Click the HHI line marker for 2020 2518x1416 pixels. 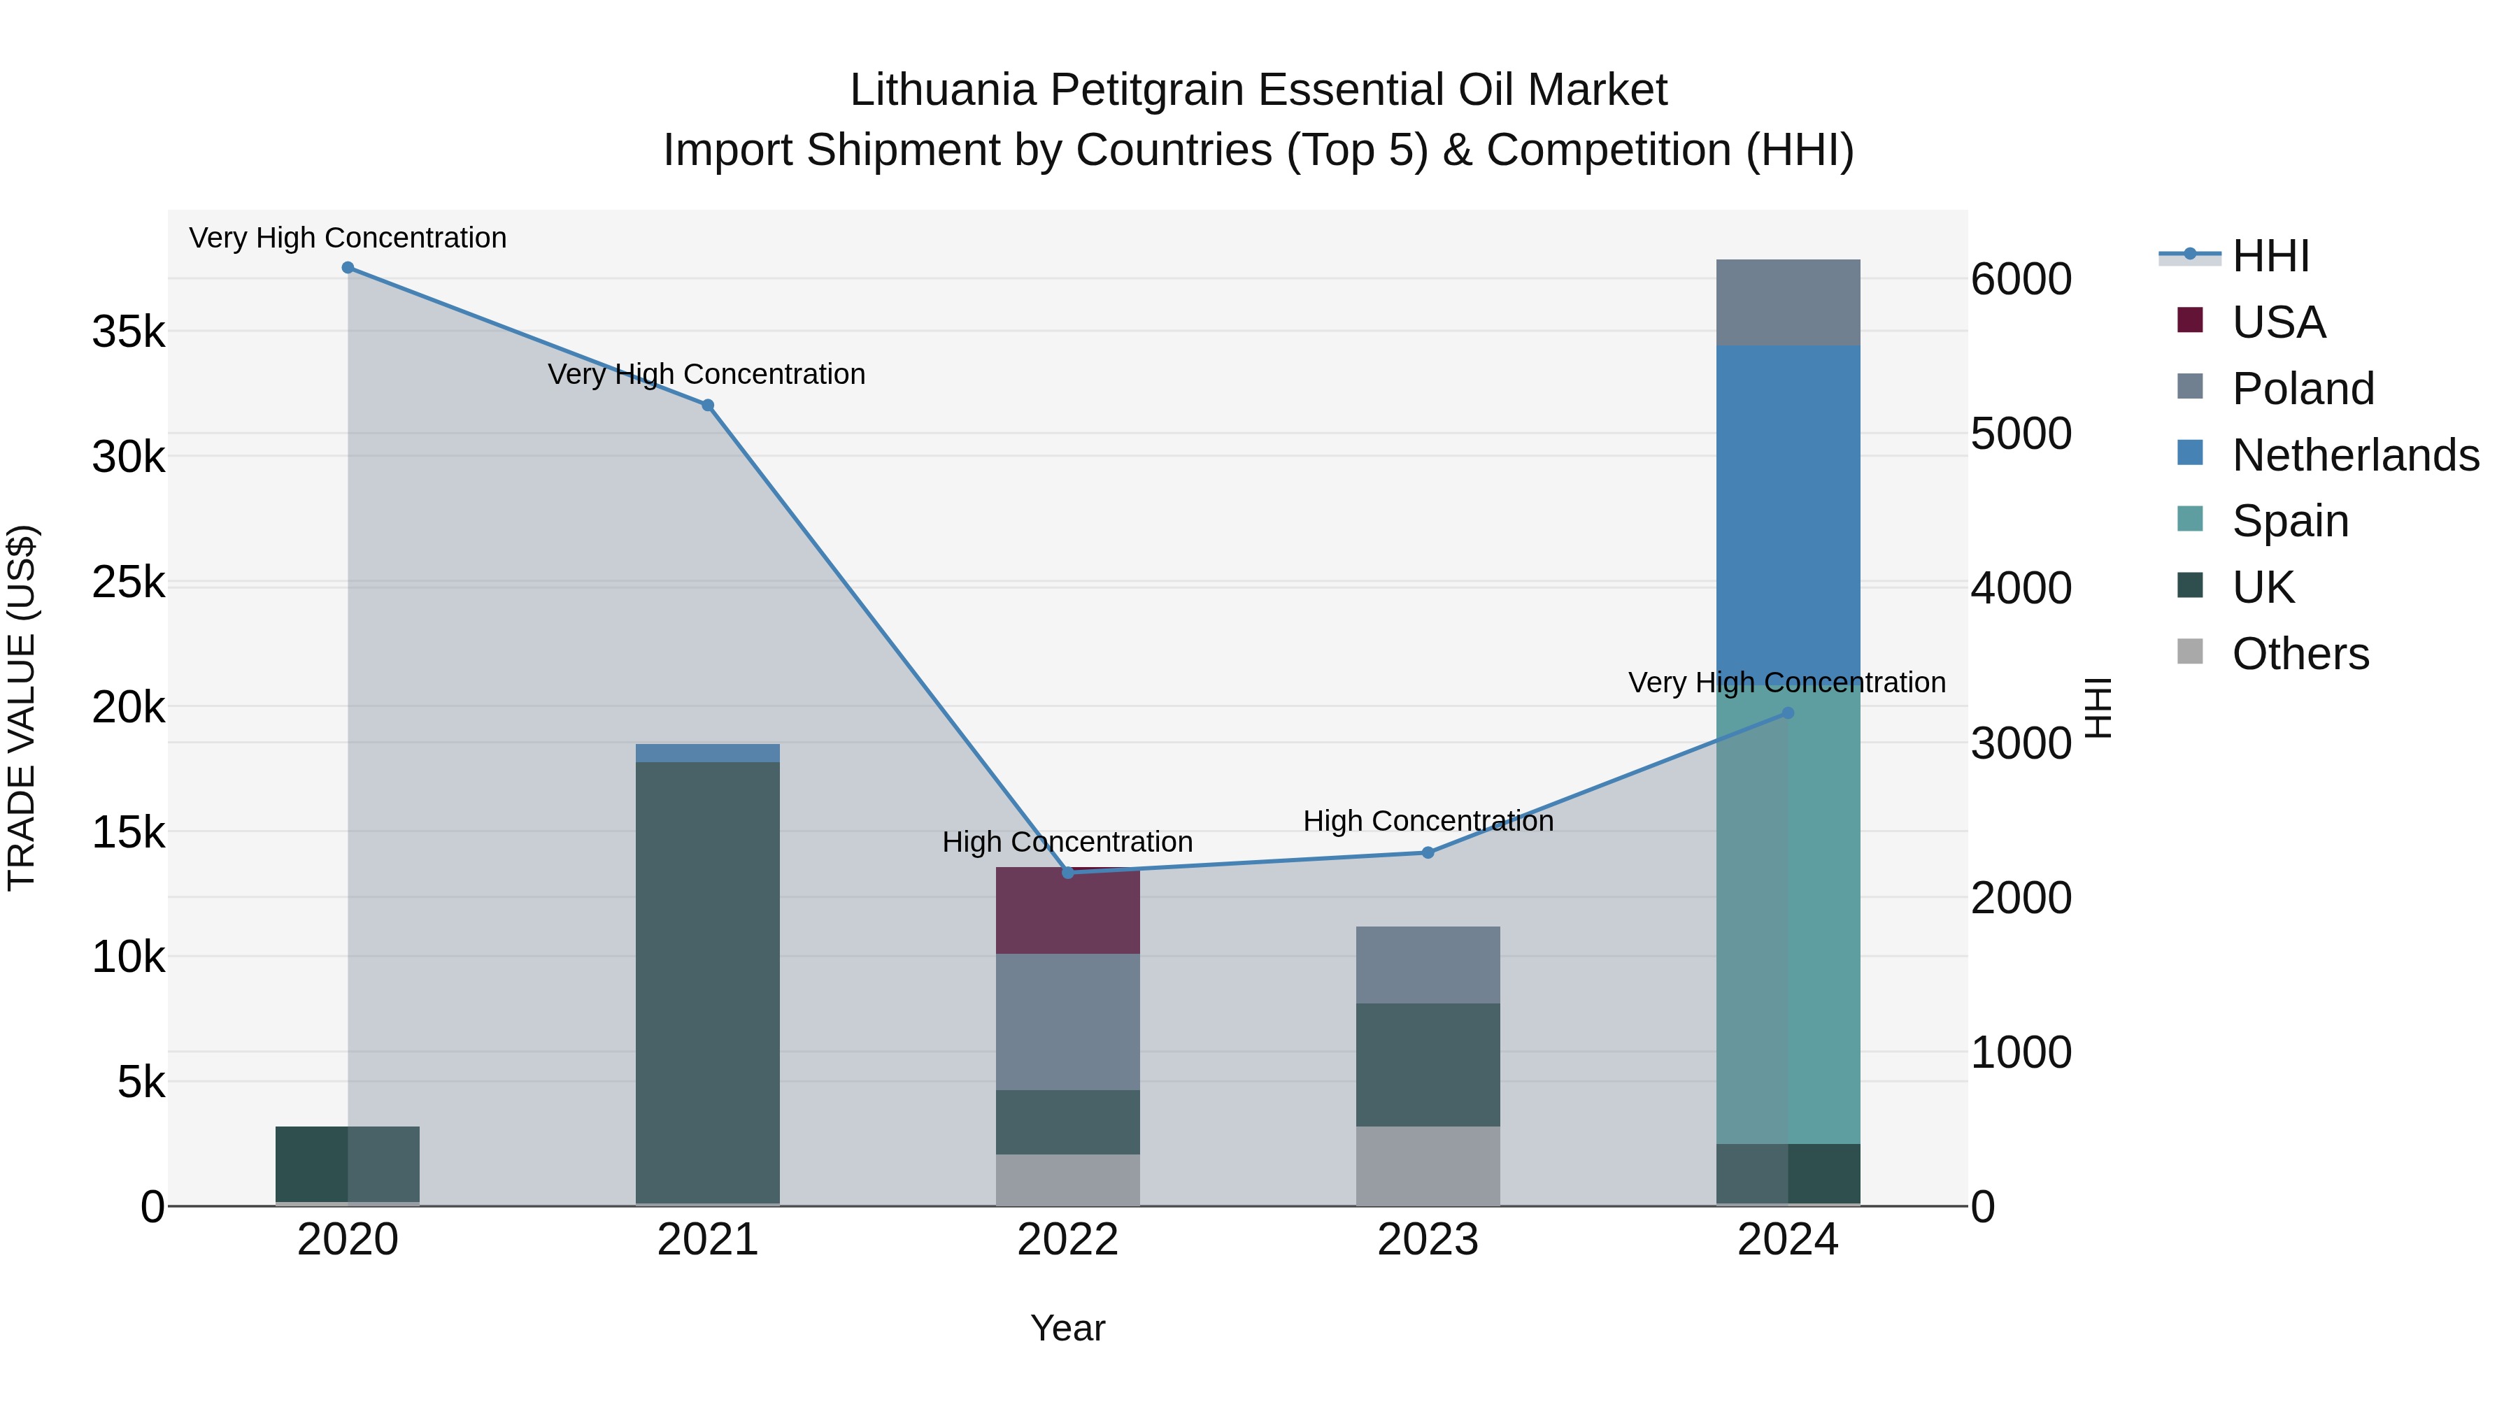pyautogui.click(x=348, y=268)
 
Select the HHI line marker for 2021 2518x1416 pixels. pyautogui.click(x=708, y=406)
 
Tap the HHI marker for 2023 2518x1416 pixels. pyautogui.click(x=1428, y=853)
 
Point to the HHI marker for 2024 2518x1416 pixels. pyautogui.click(x=1788, y=713)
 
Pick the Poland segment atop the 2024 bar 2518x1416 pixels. pyautogui.click(x=1788, y=303)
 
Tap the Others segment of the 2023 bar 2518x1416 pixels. pyautogui.click(x=1428, y=1166)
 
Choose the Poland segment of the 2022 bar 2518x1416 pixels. pyautogui.click(x=1067, y=1021)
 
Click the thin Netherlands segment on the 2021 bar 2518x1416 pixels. pyautogui.click(x=708, y=752)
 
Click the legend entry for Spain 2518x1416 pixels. pyautogui.click(x=2290, y=521)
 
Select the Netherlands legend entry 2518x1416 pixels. pyautogui.click(x=2356, y=455)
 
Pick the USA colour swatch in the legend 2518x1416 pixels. pyautogui.click(x=2191, y=320)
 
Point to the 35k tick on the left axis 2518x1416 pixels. pyautogui.click(x=128, y=332)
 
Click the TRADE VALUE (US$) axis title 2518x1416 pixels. pyautogui.click(x=22, y=708)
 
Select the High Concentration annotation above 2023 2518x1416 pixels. pyautogui.click(x=1428, y=821)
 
